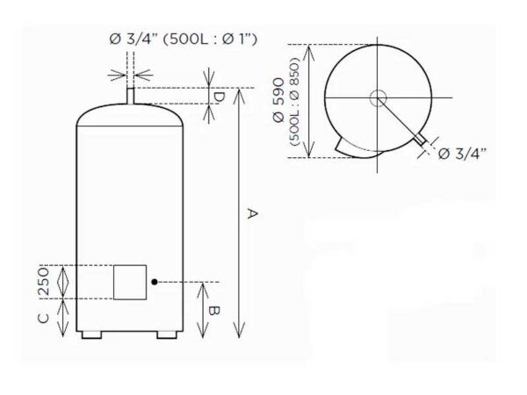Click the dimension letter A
(x=252, y=213)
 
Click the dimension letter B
(x=213, y=311)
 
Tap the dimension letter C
(x=44, y=318)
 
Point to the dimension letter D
(x=219, y=97)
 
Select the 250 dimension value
(x=44, y=282)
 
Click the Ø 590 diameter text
(x=279, y=100)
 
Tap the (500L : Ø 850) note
(x=293, y=102)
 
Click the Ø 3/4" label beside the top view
(x=462, y=154)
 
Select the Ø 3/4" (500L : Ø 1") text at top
(x=184, y=39)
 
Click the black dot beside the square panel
(x=155, y=282)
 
